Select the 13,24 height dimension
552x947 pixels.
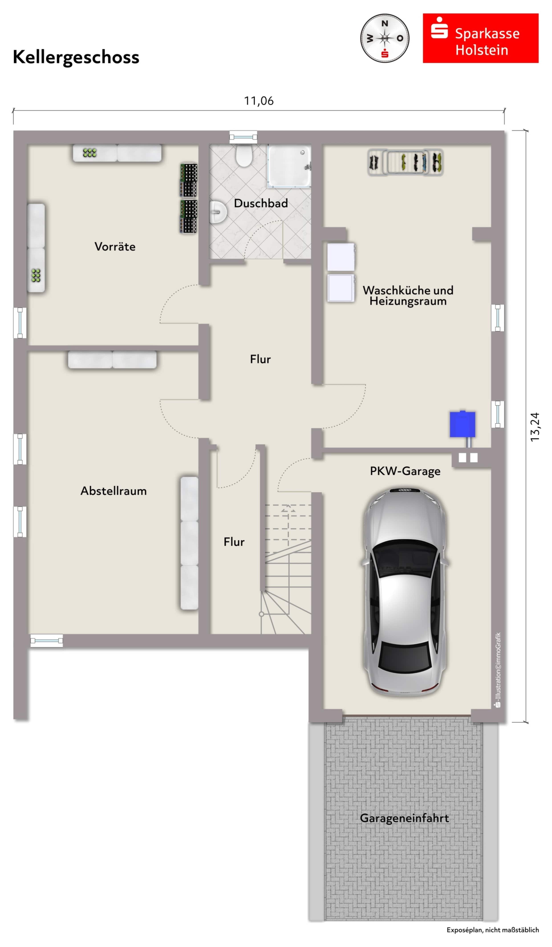point(534,427)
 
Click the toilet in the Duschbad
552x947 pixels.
point(244,156)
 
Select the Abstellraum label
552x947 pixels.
point(114,491)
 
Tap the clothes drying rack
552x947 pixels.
point(405,162)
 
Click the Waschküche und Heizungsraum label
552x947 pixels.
point(408,295)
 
